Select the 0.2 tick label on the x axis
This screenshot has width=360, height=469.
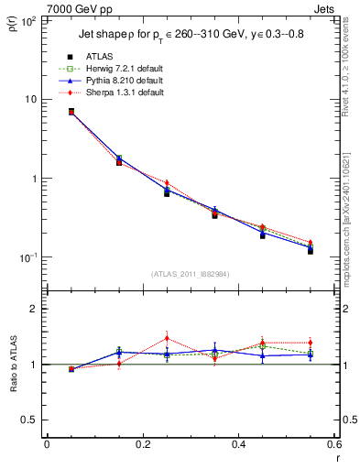(x=142, y=444)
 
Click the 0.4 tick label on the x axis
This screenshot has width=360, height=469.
(x=238, y=444)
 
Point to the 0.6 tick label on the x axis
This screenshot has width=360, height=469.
(x=333, y=444)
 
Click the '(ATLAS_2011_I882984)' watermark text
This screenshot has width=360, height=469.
(x=190, y=274)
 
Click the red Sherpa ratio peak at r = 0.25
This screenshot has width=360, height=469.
(x=167, y=338)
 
